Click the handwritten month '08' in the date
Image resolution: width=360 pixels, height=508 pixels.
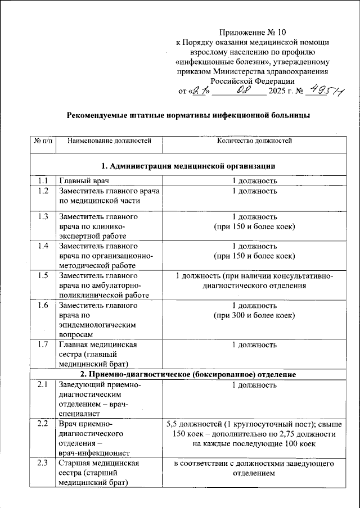[243, 89]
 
